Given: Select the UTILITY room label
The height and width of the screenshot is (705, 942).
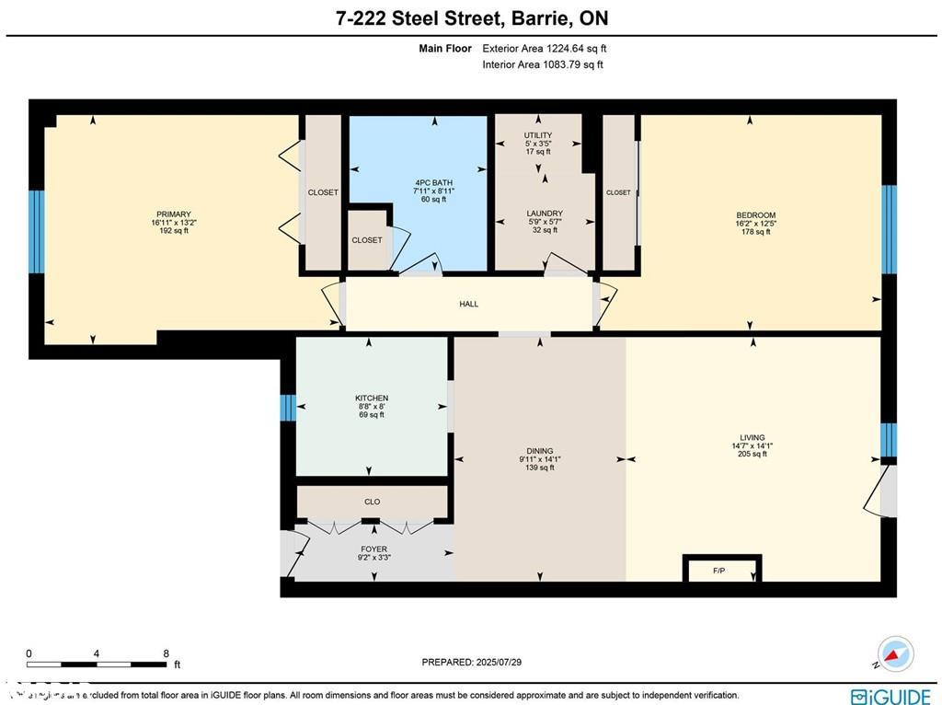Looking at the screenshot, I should [x=538, y=135].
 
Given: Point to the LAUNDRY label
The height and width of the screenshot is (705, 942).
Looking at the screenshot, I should [x=545, y=214].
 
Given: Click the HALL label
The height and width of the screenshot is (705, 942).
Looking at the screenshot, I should [x=469, y=305].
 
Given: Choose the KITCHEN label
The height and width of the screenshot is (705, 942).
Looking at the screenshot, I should [x=372, y=399].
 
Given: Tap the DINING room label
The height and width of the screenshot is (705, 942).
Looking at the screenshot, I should [x=539, y=451].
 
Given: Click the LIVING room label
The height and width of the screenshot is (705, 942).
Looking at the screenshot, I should [x=752, y=438].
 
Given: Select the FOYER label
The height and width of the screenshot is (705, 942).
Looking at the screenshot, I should [x=373, y=549].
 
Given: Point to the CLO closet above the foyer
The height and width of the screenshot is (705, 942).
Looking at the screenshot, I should [x=372, y=502].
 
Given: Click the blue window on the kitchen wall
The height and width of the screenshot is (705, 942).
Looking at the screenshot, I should [x=288, y=408].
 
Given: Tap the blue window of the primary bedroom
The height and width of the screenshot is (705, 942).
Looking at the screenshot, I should [x=36, y=232].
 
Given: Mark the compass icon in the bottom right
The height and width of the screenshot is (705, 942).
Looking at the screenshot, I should [x=895, y=653].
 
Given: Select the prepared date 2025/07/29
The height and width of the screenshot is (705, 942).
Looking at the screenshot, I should [x=471, y=662].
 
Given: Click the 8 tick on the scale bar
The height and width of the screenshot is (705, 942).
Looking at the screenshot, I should [x=166, y=654].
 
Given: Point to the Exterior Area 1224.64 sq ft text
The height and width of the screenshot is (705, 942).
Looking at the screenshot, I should [x=545, y=49].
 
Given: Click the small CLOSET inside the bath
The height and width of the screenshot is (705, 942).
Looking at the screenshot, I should [x=367, y=240].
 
